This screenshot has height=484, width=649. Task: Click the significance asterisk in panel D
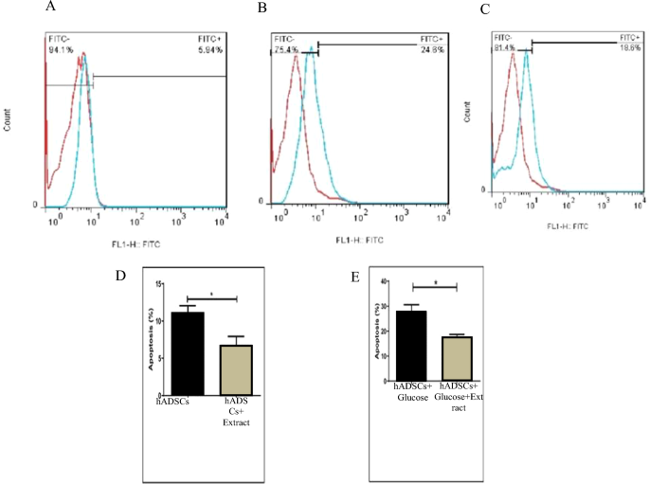point(211,294)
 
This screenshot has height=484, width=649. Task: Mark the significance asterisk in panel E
point(435,283)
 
